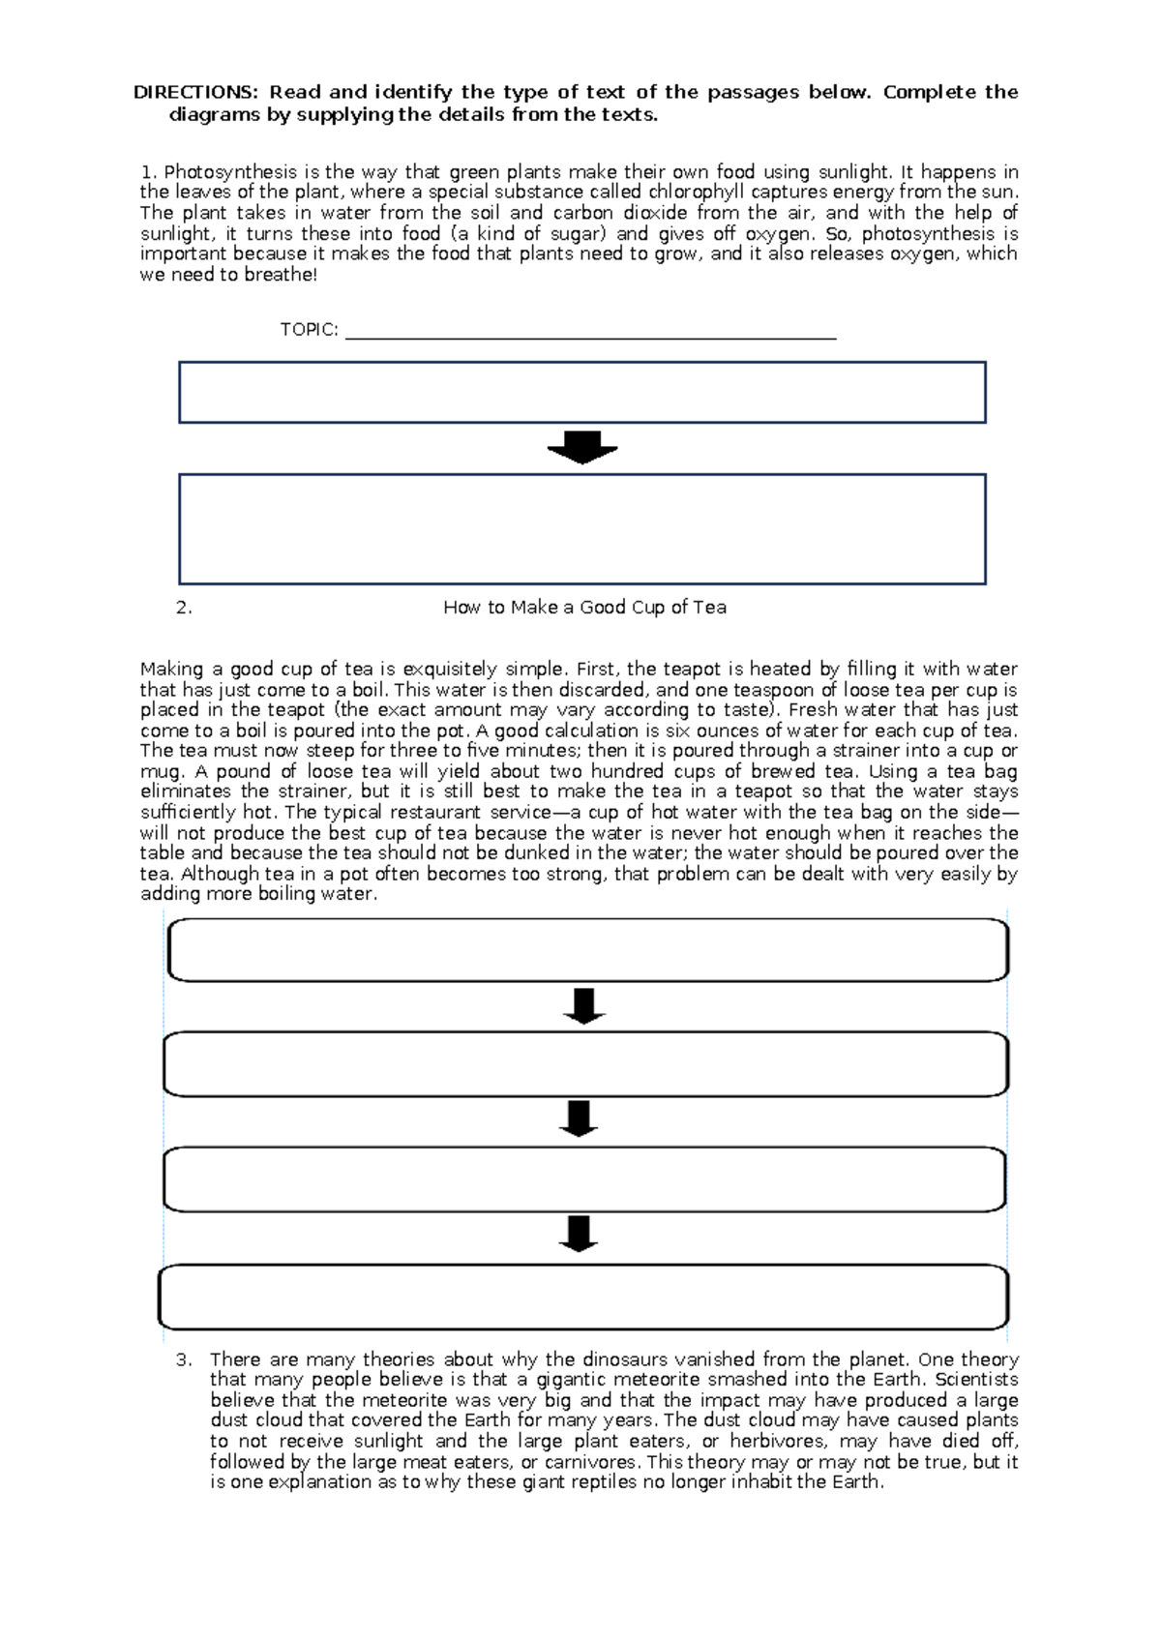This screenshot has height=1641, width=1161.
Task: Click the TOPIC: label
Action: pos(309,330)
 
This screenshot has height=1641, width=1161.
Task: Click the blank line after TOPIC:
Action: pos(590,335)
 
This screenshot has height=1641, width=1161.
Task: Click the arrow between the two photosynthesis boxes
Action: pos(582,448)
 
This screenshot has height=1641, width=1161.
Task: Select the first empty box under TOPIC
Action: pos(581,393)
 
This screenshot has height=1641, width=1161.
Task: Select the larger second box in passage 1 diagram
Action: pos(581,529)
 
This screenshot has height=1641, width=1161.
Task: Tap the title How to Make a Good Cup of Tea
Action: pos(584,608)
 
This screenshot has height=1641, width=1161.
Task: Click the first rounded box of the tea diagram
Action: pos(587,950)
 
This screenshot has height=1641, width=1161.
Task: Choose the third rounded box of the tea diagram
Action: pos(584,1179)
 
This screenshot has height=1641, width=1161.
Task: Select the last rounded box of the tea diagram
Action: pos(583,1297)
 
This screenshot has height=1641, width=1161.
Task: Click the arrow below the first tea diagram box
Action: pos(583,1006)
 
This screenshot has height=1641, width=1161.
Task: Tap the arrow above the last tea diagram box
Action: pos(579,1234)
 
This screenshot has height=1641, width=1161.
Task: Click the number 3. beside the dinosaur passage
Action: pos(184,1359)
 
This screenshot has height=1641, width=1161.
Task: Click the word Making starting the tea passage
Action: pos(170,670)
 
